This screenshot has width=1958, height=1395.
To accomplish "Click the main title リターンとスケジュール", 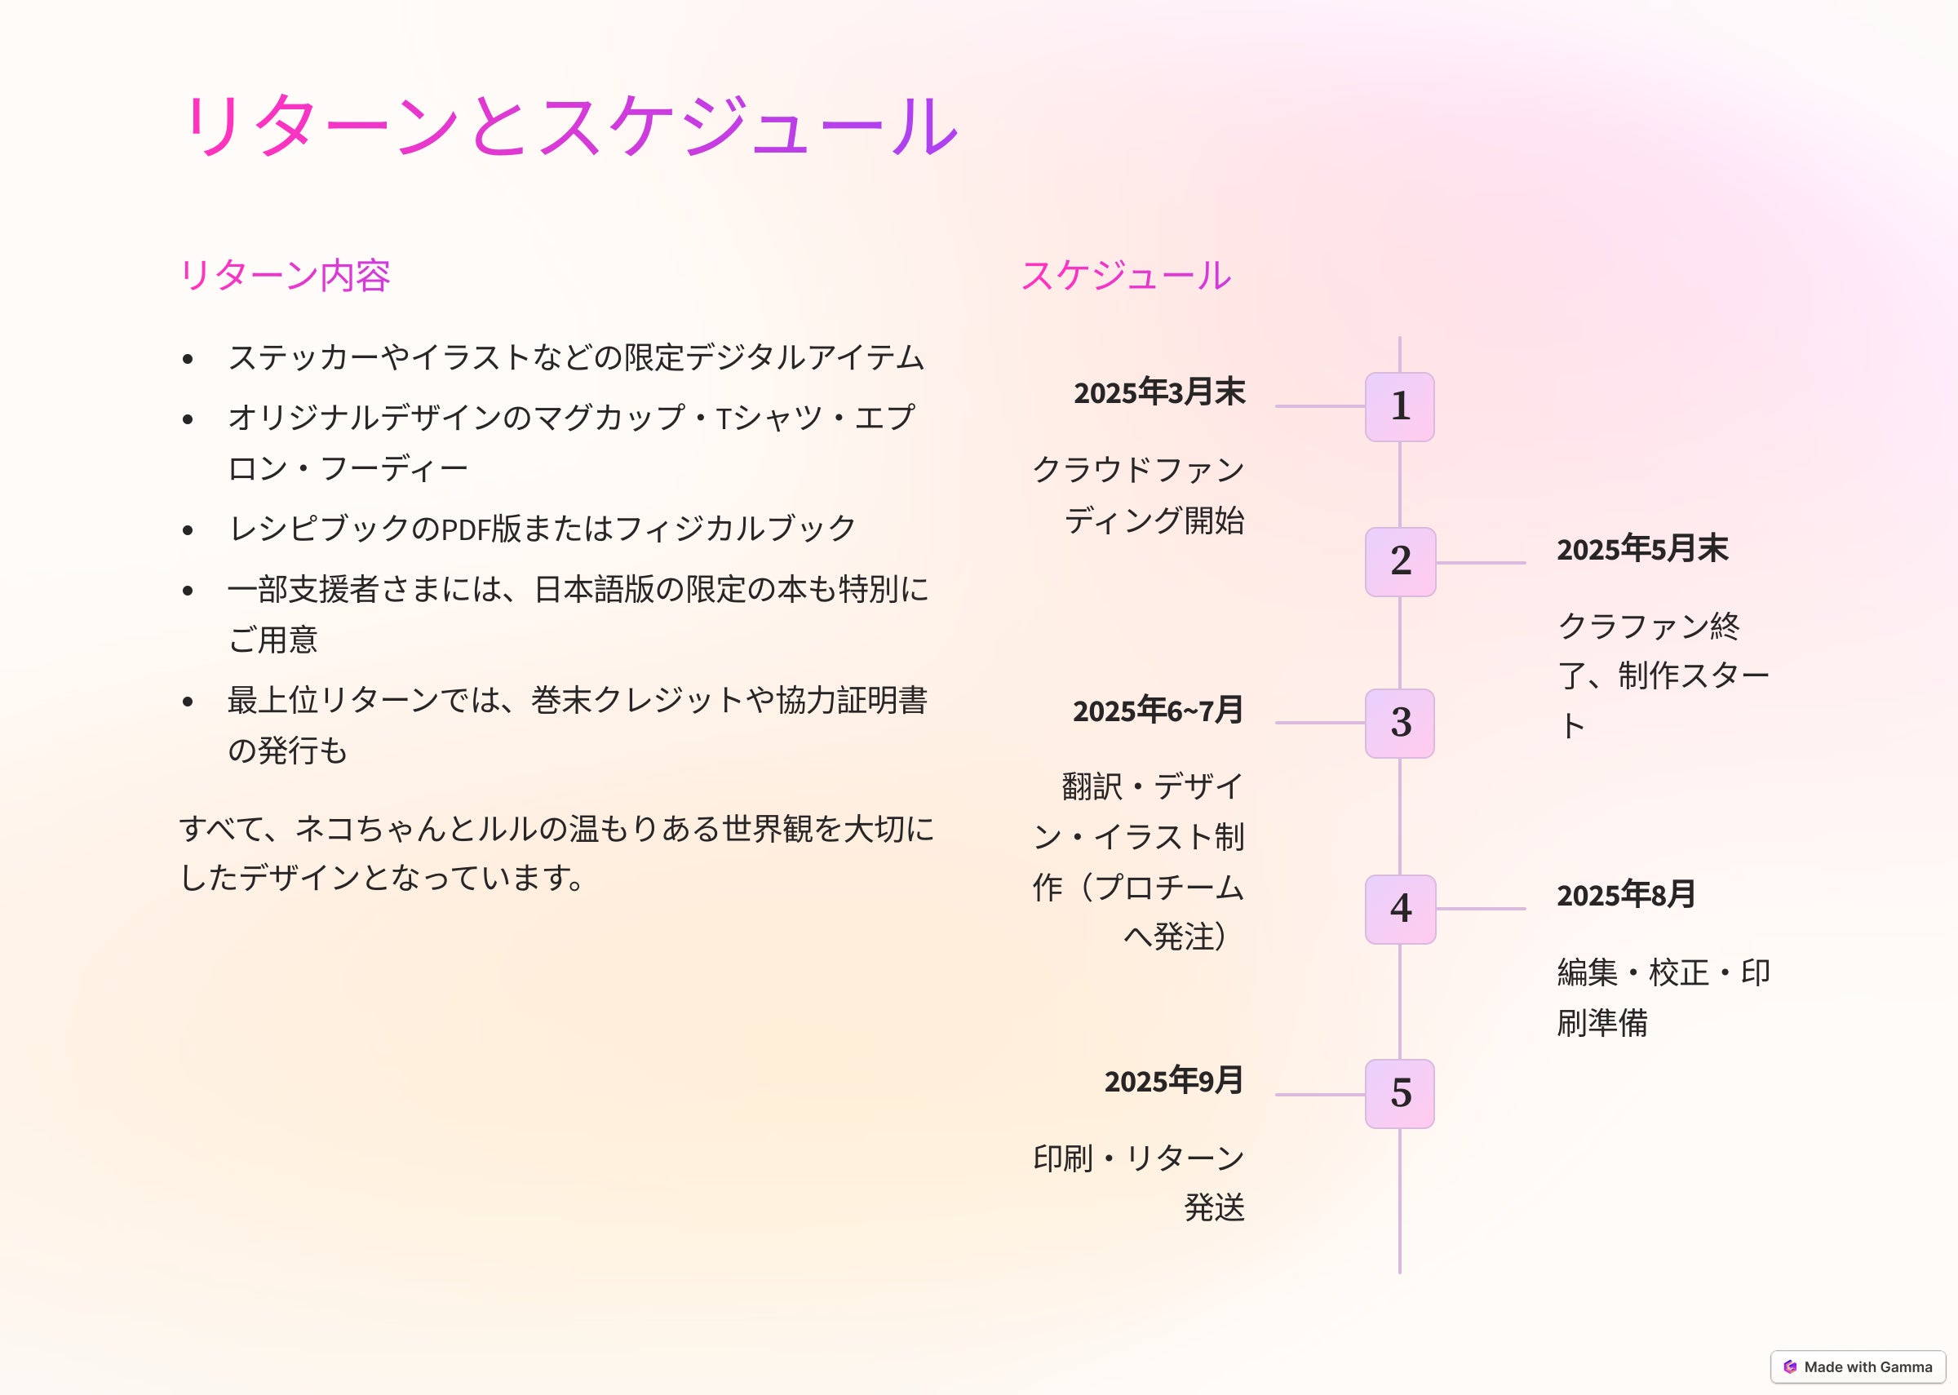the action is point(569,126).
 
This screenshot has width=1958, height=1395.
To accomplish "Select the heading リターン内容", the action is point(285,276).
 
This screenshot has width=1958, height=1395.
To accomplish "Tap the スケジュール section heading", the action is point(1126,276).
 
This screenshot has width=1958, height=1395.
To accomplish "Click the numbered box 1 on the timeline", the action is point(1400,407).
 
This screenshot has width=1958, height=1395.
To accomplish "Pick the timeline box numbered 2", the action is point(1401,562).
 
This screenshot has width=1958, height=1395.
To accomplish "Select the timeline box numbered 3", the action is point(1400,724).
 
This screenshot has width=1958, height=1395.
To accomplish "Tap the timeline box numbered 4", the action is point(1401,910).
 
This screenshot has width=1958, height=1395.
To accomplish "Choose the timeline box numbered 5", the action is point(1400,1094).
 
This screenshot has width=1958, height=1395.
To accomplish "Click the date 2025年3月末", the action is point(1159,392).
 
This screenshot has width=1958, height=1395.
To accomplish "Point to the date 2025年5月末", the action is point(1642,549).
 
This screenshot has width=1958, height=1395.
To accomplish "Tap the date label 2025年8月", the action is point(1626,895).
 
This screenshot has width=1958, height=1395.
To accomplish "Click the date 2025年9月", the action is point(1174,1081).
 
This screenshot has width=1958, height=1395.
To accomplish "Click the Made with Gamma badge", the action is point(1858,1366).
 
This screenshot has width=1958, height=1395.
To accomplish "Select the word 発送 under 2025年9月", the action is point(1214,1207).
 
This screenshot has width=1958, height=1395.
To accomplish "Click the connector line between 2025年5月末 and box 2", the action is point(1481,563).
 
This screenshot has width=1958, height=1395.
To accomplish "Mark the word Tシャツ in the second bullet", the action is point(769,418).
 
